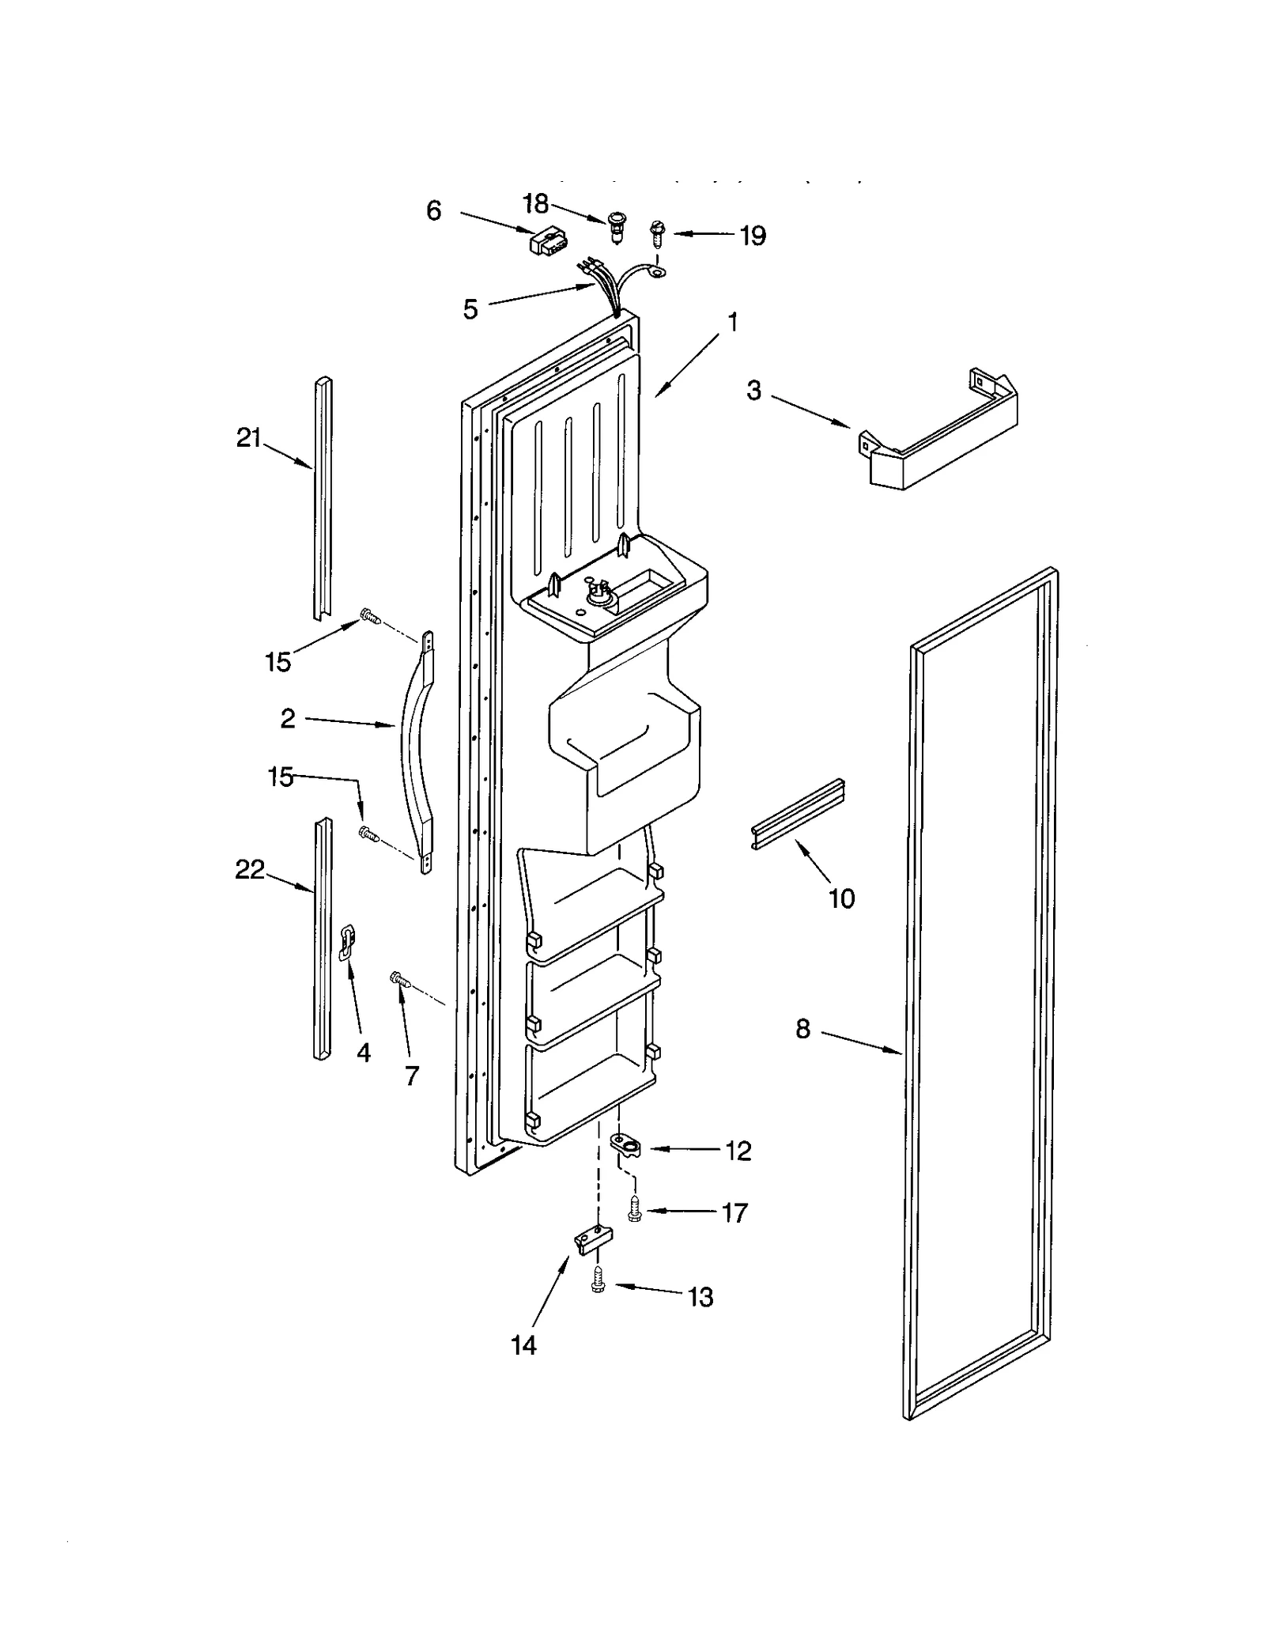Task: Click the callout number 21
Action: pos(248,437)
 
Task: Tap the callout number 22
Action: pos(250,870)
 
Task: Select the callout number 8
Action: pos(802,1029)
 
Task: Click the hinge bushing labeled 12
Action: pos(627,1144)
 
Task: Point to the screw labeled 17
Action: pos(633,1209)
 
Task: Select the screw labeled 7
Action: pos(400,980)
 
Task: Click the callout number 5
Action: pos(470,309)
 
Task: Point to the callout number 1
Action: pos(733,322)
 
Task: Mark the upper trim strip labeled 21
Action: pos(323,498)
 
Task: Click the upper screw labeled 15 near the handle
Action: pos(369,614)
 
